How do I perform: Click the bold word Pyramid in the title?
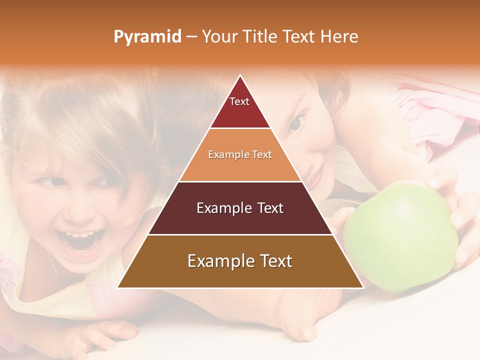147,37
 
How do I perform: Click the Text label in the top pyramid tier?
239,101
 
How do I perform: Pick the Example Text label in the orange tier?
240,155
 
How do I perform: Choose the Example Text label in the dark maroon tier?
240,208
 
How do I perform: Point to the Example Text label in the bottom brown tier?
240,261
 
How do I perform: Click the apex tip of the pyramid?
240,75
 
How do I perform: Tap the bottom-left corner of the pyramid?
118,287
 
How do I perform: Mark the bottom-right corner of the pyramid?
363,287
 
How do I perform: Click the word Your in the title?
218,37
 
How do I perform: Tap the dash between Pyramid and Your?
191,37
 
